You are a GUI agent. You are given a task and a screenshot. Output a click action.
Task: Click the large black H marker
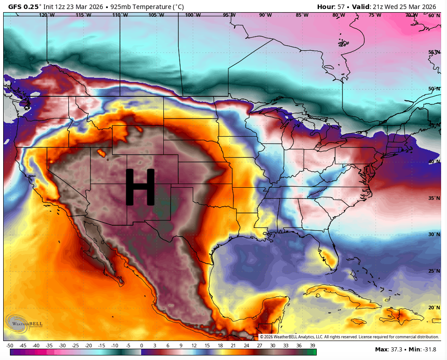point(140,187)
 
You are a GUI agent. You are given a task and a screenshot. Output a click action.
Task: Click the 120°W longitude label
point(47,15)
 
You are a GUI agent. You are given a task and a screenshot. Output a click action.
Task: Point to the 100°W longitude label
point(193,15)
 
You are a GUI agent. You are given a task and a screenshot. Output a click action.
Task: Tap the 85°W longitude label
point(302,15)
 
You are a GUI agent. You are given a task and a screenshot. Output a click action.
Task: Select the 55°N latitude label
point(434,52)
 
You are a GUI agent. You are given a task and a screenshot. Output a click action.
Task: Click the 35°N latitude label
point(434,198)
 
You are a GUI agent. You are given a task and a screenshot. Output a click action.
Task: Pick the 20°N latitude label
point(434,308)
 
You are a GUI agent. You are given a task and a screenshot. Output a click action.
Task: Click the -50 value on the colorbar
point(10,345)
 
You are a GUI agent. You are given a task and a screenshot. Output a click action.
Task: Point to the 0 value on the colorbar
point(142,345)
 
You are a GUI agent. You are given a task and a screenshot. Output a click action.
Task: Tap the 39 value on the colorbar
point(312,345)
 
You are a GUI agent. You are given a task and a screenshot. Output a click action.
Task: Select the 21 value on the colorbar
point(233,345)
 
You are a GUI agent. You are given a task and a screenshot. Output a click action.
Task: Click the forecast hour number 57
point(340,6)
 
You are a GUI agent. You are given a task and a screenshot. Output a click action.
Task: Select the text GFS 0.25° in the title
point(25,6)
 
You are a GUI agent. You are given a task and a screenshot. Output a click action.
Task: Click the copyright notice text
point(349,337)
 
